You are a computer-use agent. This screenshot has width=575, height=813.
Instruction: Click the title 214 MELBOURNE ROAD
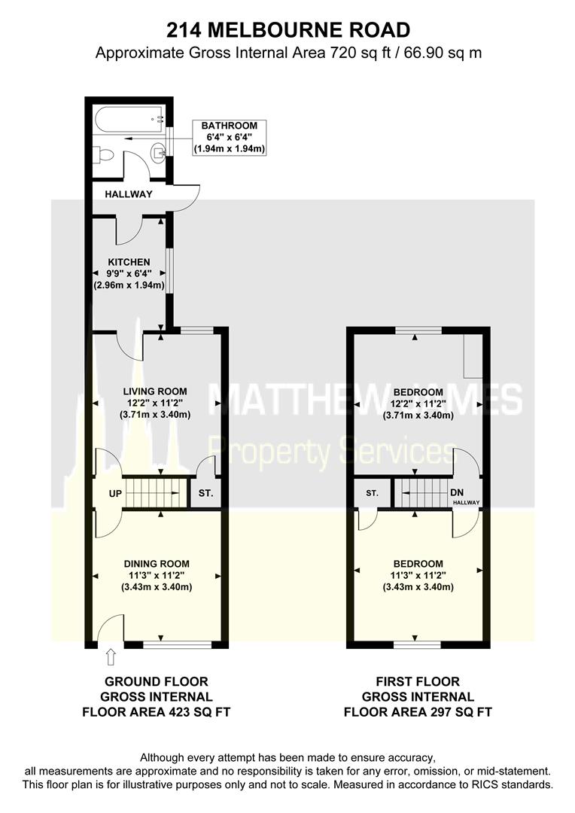pos(287,30)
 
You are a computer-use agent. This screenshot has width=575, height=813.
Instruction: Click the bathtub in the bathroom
pos(128,117)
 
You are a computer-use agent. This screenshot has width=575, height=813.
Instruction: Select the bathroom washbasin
pos(158,154)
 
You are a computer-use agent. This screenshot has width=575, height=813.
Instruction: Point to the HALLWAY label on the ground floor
pos(129,194)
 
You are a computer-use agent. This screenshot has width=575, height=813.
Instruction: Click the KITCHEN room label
pos(129,262)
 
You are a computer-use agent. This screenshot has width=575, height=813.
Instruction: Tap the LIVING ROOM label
pos(154,391)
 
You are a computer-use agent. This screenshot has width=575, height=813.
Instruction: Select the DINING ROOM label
pos(156,564)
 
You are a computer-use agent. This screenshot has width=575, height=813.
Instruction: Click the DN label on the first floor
pos(456,493)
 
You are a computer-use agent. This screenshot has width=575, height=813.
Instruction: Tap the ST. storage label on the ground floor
pos(205,495)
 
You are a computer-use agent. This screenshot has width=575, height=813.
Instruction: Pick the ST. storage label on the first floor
pos(372,494)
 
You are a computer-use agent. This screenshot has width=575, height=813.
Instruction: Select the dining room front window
pos(178,644)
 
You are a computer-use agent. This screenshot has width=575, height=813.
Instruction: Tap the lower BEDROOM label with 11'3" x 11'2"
pos(418,564)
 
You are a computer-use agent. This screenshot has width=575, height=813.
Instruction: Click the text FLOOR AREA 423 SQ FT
pos(156,711)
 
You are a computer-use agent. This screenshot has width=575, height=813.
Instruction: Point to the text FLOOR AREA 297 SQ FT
pos(418,711)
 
